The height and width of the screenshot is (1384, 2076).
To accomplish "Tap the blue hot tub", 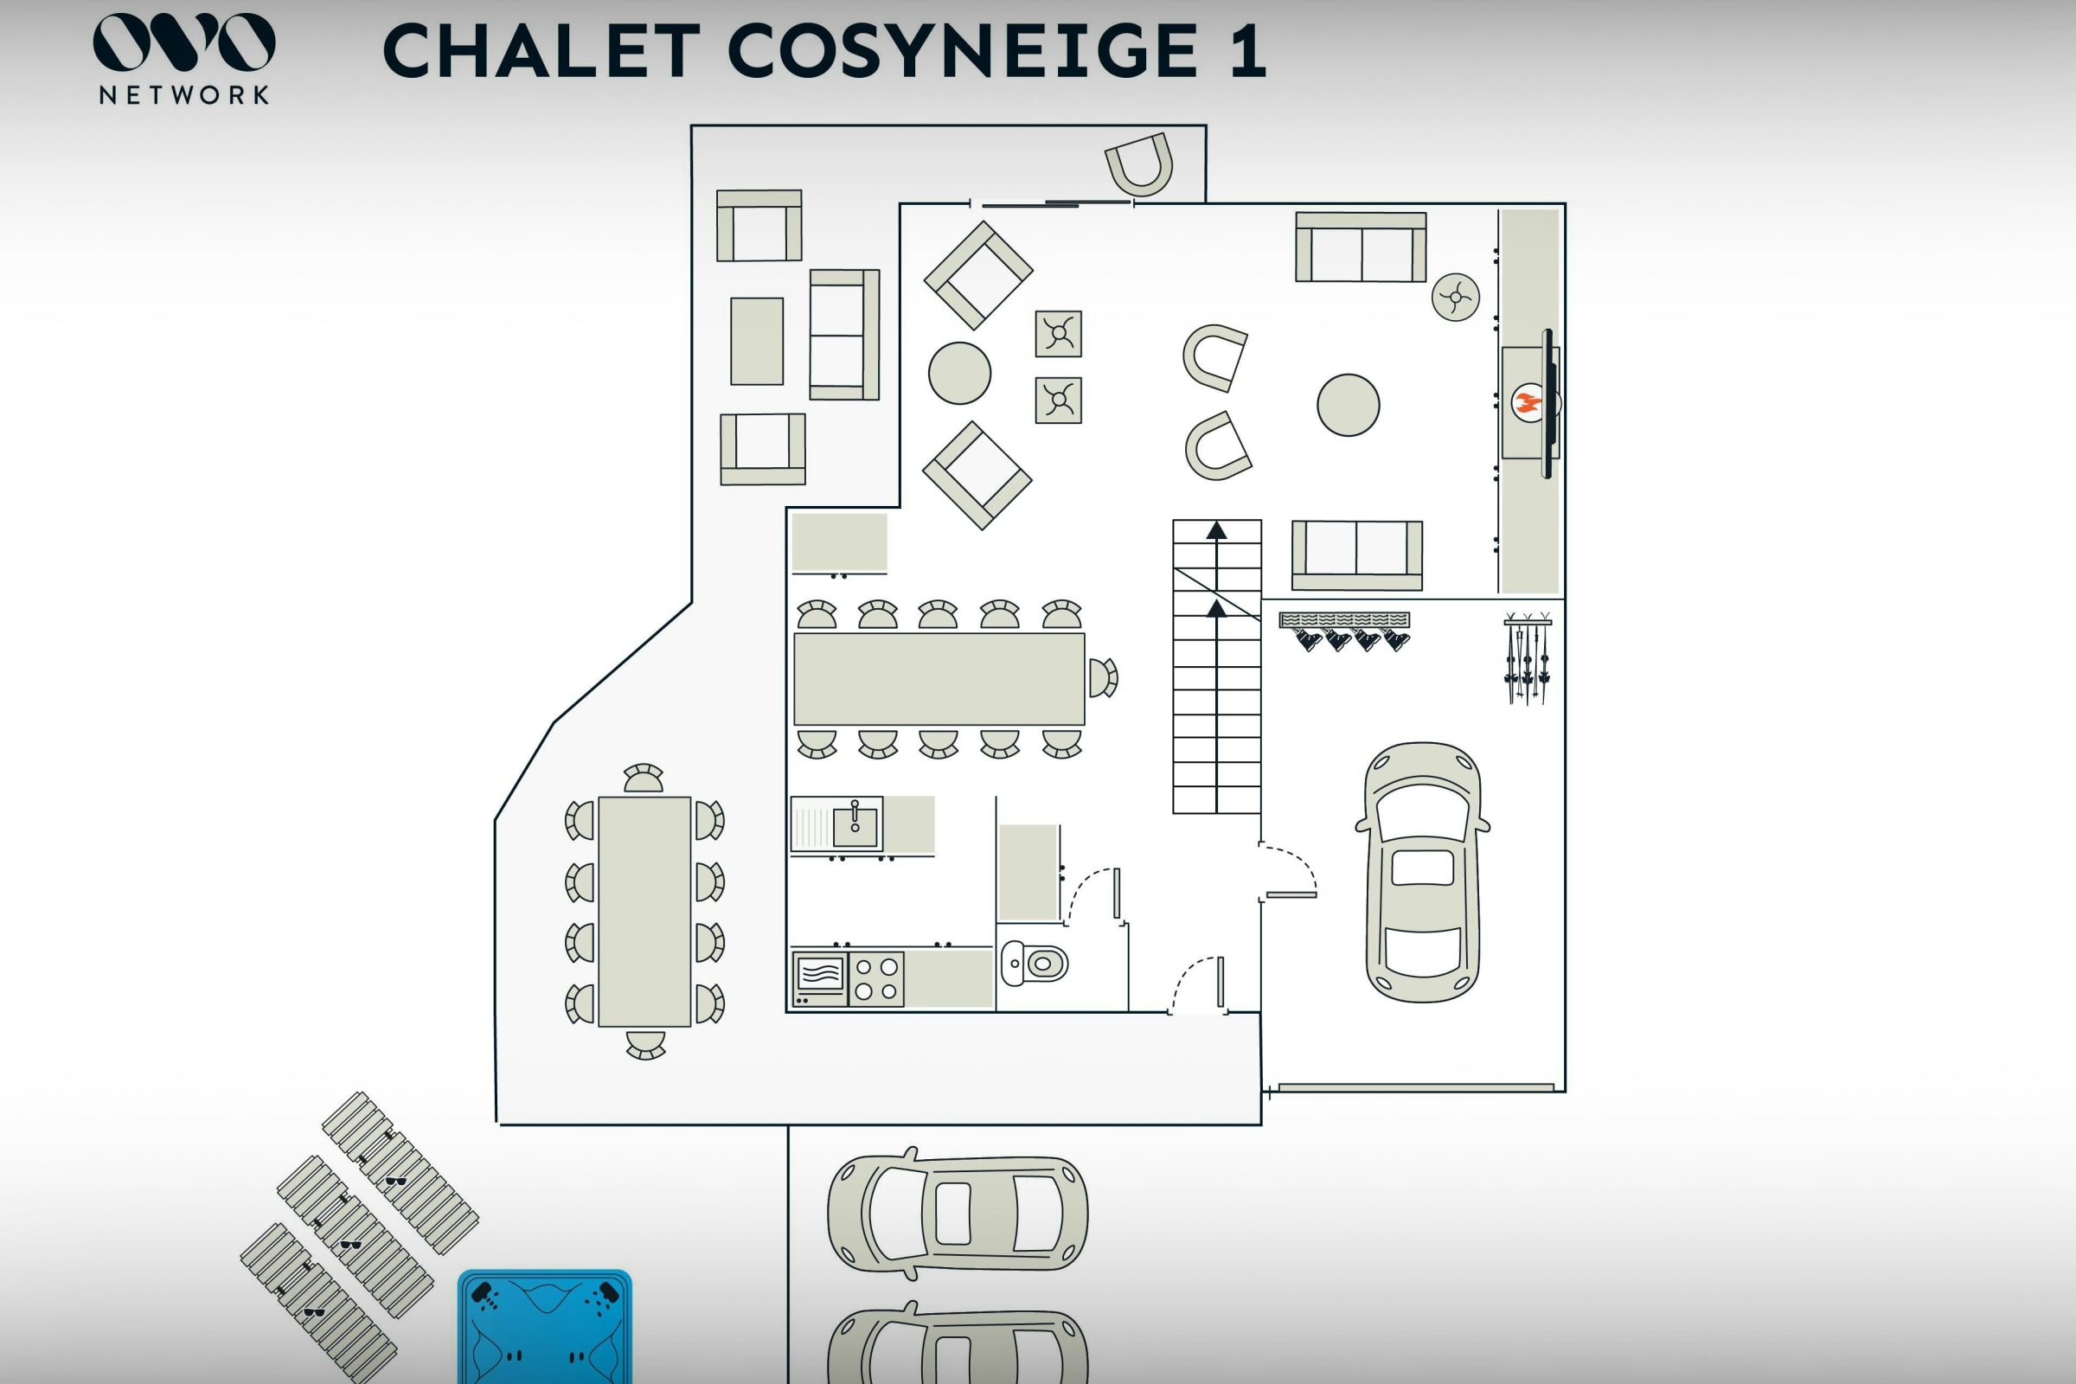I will pos(545,1328).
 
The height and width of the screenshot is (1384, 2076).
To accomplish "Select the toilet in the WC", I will pos(1035,963).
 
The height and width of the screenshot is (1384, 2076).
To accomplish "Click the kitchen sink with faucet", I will pos(855,823).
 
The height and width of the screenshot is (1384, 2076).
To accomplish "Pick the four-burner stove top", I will pos(876,979).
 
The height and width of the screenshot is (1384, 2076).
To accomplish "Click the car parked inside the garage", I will pos(1423,872).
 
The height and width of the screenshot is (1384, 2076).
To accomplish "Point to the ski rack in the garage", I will pos(1527,658).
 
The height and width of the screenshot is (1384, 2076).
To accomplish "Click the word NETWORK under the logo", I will pos(183,95).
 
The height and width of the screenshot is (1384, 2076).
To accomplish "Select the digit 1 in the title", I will pos(1247,51).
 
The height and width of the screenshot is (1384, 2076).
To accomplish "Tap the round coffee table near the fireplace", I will pos(1348,405).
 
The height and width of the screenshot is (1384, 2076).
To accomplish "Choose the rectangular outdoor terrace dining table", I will pos(644,911).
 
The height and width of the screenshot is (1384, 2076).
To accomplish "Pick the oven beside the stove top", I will pos(820,979).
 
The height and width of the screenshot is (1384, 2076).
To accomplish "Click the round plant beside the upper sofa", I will pos(1455,298).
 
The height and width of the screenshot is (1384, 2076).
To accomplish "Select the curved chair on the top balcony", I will pos(1139,165).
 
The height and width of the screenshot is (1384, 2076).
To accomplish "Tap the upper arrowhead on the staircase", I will pos(1216,530).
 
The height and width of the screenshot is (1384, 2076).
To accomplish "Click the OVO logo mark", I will pos(183,42).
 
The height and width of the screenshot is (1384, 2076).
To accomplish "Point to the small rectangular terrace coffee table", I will pos(756,341).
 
